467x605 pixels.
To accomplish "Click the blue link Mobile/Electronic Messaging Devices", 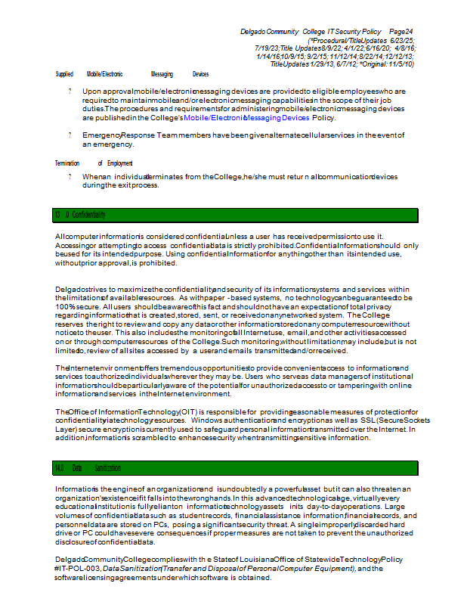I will click(x=246, y=118).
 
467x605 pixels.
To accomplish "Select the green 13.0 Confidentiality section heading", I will click(x=79, y=216).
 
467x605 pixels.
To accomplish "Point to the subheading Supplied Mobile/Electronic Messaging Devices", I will click(x=132, y=74).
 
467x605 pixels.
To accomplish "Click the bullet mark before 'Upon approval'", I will click(x=70, y=91).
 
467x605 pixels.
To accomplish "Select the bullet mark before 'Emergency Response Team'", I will click(x=70, y=135).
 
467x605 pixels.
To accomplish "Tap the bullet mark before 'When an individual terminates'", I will click(x=70, y=176).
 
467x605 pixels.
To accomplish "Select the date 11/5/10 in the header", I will click(x=399, y=64).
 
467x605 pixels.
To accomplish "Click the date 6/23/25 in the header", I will click(x=401, y=39).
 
